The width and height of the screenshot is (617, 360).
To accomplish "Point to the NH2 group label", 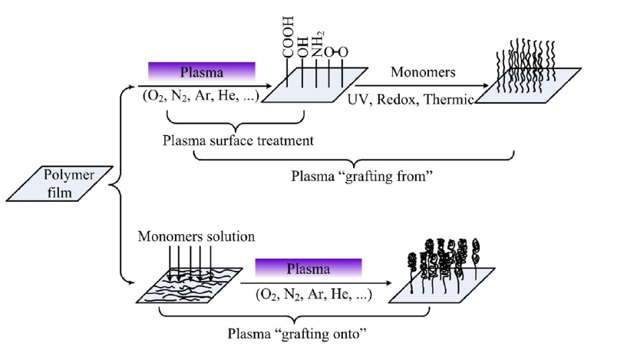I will (x=316, y=39).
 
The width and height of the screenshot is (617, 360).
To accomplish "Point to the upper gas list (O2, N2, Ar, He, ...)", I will (x=202, y=99).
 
